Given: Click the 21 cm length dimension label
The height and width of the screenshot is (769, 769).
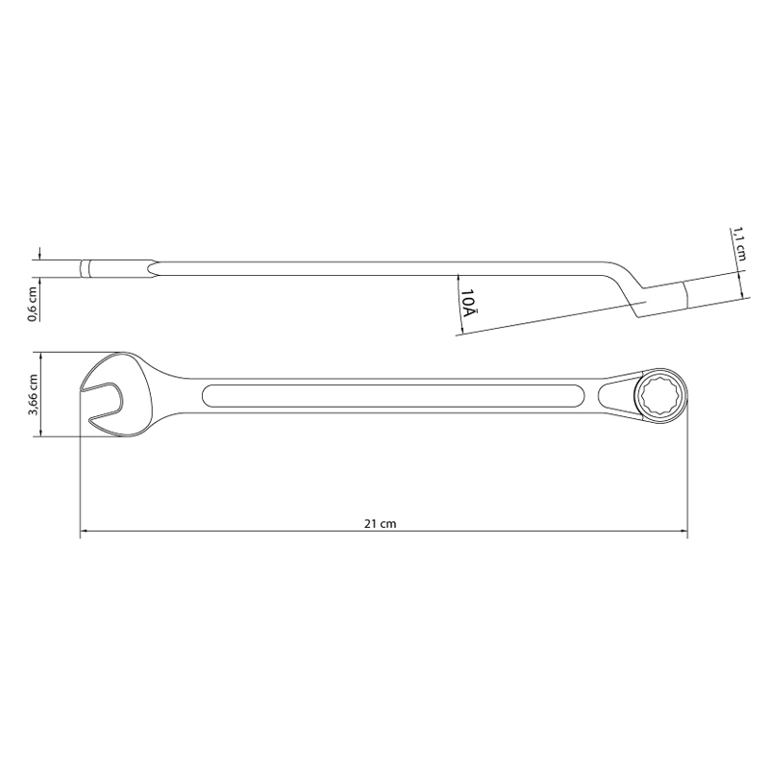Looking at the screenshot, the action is click(380, 524).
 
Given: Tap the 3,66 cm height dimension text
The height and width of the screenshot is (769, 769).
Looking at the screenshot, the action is click(33, 395).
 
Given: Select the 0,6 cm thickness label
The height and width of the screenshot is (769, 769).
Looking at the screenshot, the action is click(33, 304).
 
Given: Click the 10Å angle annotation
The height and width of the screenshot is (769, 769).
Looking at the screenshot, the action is click(468, 302).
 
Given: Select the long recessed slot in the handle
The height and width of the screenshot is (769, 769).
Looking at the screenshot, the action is click(393, 396).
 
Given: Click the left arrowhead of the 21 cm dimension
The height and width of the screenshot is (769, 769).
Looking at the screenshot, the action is click(85, 531).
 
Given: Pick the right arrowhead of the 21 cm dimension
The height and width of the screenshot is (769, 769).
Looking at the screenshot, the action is click(682, 531).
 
